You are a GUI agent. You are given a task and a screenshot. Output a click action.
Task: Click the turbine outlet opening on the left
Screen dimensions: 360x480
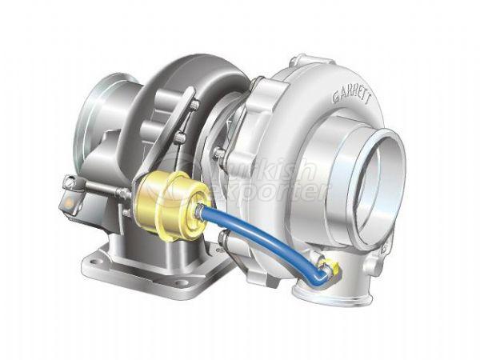pyautogui.click(x=104, y=120)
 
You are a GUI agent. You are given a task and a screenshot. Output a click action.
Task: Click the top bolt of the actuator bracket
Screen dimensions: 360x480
pyautogui.click(x=194, y=104)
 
